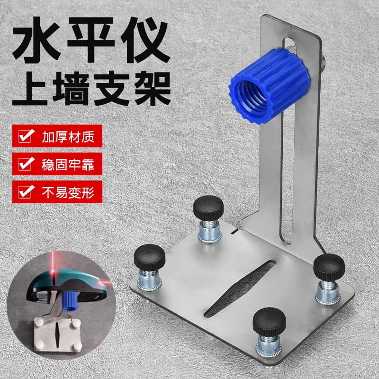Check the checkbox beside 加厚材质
tap(25, 137)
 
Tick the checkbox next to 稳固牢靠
tap(25, 165)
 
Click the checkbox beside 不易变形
tap(25, 193)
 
